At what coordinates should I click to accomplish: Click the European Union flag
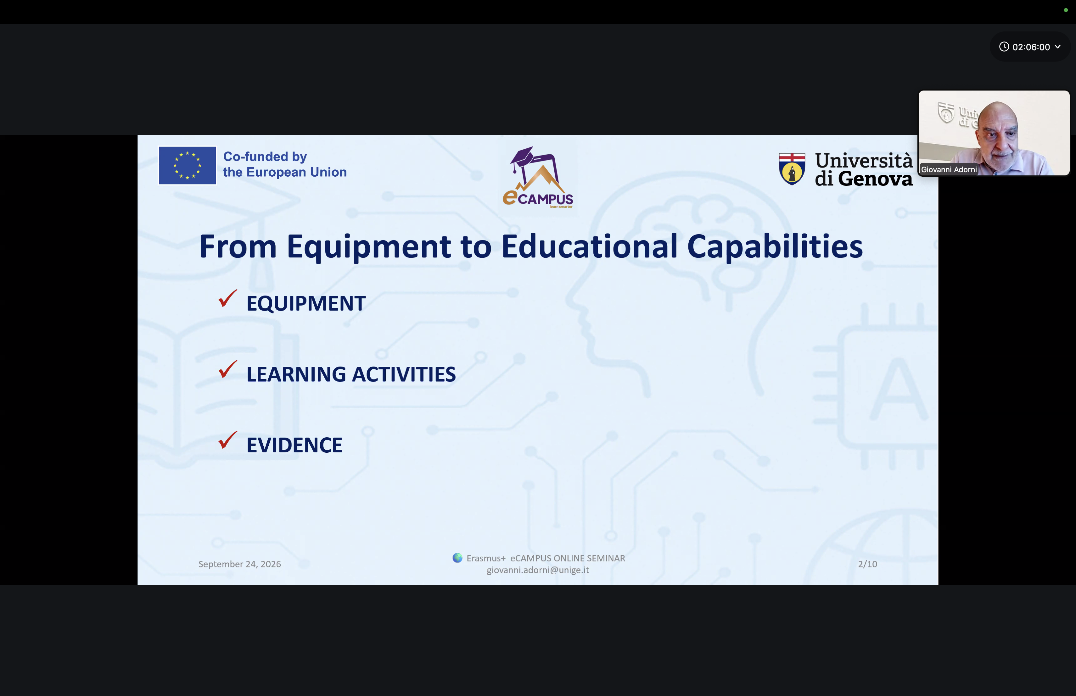(187, 165)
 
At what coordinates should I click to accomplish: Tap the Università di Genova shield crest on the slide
(792, 169)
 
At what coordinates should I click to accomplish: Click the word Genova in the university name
(875, 179)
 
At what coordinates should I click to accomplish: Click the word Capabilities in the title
(775, 247)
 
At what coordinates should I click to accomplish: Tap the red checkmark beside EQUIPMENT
(227, 299)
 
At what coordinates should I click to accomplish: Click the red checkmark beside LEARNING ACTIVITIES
(227, 369)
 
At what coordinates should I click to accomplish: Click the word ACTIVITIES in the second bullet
(404, 374)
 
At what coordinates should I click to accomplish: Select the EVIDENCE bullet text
(294, 445)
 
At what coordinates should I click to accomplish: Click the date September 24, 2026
(240, 564)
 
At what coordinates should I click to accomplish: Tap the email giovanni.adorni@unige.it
(538, 570)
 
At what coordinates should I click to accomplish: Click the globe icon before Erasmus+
(457, 558)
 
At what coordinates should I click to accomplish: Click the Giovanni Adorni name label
(949, 170)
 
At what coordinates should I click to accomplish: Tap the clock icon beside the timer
(1004, 47)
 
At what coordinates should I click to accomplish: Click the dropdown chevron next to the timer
(1057, 47)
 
